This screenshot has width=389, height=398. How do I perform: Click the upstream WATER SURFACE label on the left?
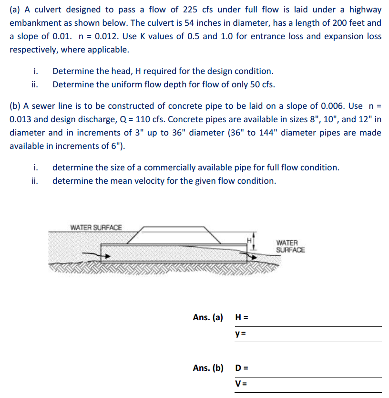point(96,227)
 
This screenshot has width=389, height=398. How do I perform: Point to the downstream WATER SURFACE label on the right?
point(290,246)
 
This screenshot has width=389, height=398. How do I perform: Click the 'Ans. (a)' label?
point(208,317)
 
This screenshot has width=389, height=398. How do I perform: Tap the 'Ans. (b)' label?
point(208,368)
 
